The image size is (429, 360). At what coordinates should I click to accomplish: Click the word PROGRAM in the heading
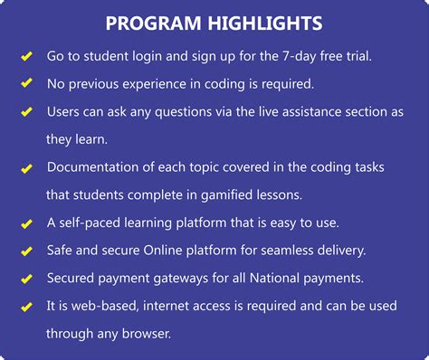[157, 23]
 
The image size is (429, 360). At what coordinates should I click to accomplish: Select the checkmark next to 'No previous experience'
[26, 85]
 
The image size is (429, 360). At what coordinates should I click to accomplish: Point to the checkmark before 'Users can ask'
[26, 113]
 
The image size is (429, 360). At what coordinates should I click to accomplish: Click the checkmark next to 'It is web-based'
[26, 307]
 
